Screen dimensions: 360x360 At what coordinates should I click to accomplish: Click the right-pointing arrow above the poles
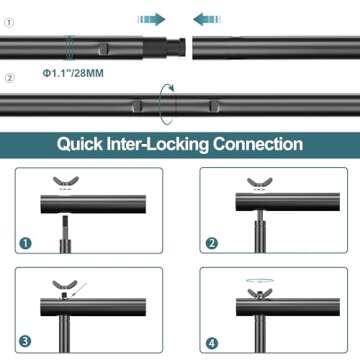coord(152,19)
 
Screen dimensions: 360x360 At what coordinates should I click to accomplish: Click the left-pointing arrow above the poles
coord(207,19)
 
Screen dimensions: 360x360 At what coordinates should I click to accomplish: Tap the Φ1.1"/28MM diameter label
coord(73,73)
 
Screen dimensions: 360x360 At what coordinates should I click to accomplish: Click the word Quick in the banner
coord(79,144)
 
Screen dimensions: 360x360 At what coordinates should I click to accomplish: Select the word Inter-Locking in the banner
coord(158,144)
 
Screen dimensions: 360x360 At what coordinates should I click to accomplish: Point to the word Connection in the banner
coord(258,144)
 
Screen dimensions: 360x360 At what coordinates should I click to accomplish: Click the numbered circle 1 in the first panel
coord(26,243)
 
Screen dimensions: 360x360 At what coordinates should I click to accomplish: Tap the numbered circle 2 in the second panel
coord(211,243)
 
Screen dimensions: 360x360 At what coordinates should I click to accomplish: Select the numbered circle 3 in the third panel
coord(26,341)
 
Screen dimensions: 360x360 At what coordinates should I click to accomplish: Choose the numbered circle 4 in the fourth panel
coord(211,343)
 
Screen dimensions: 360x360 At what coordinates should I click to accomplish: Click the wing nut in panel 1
coord(65,182)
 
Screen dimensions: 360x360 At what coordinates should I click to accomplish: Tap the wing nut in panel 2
coord(260,183)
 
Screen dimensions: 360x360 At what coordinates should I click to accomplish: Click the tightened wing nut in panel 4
coord(260,293)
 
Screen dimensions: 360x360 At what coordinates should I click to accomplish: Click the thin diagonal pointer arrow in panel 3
coord(78,291)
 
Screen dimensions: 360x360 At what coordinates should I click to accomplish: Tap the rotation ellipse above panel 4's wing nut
coord(260,280)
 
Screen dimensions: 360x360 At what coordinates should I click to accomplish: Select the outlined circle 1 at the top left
coord(10,23)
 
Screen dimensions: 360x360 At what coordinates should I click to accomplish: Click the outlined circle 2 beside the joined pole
coord(10,78)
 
